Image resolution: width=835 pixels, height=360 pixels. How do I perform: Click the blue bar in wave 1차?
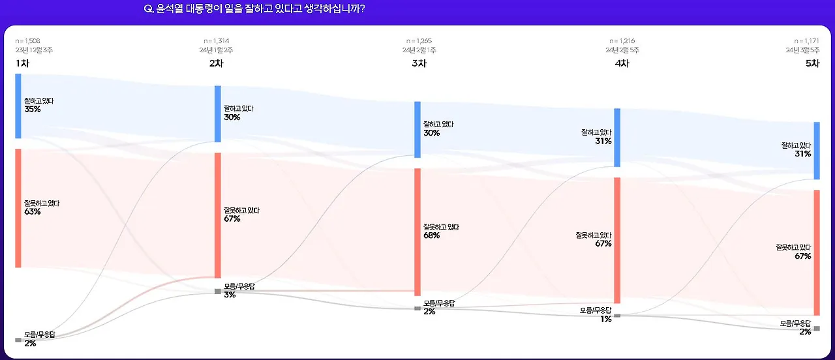pos(18,106)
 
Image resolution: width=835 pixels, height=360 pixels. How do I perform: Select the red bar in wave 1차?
pos(18,208)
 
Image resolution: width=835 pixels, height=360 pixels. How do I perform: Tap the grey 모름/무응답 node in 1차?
pos(18,340)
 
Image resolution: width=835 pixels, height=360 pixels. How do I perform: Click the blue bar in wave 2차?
pos(218,113)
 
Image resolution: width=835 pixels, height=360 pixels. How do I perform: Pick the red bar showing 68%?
pos(417,232)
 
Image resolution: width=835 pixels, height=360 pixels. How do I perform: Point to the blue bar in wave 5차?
pos(817,150)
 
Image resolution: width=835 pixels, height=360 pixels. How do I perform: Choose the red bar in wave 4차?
pos(617,240)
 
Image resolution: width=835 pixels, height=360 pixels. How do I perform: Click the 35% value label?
pos(33,110)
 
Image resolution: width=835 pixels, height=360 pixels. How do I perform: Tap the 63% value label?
pos(33,212)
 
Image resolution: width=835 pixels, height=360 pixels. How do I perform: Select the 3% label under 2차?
pos(230,295)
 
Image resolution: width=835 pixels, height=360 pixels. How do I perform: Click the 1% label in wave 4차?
pos(606,319)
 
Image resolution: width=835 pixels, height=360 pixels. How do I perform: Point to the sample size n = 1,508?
pos(27,40)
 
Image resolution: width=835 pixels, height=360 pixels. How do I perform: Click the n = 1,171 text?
pos(806,40)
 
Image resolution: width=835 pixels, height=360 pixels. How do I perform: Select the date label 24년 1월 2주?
pos(217,50)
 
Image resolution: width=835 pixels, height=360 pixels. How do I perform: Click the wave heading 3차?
pos(419,63)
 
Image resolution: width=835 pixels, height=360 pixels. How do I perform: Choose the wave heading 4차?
pos(622,63)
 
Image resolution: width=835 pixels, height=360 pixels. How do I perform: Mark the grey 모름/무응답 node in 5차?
pos(817,328)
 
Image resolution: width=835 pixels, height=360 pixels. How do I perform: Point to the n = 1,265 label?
pos(419,40)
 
